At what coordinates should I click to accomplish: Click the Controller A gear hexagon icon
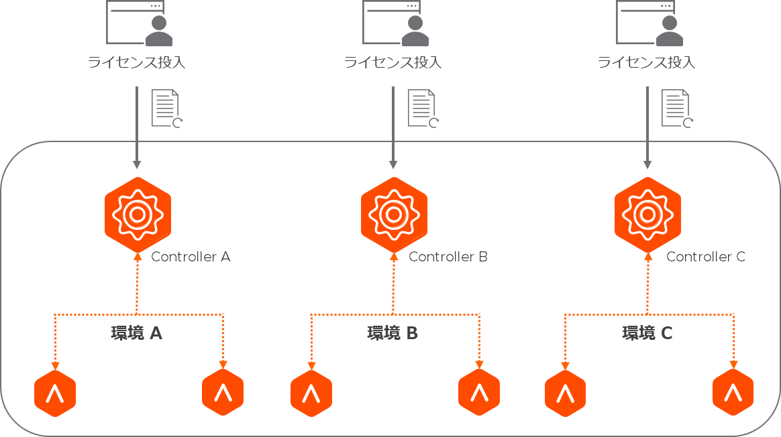pyautogui.click(x=138, y=214)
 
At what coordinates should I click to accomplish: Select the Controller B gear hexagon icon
pyautogui.click(x=393, y=214)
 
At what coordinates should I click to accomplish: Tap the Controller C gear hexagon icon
pyautogui.click(x=647, y=214)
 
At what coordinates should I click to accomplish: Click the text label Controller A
pyautogui.click(x=191, y=257)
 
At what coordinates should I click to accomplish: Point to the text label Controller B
pyautogui.click(x=448, y=257)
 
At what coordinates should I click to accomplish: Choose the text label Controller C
pyautogui.click(x=705, y=257)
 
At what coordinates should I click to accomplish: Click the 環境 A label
pyautogui.click(x=137, y=333)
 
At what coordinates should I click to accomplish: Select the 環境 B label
pyautogui.click(x=393, y=333)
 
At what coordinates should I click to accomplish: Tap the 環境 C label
pyautogui.click(x=647, y=333)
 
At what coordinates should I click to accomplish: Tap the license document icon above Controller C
pyautogui.click(x=677, y=108)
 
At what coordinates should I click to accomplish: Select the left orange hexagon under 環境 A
pyautogui.click(x=55, y=393)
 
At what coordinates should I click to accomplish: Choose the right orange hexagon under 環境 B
pyautogui.click(x=479, y=393)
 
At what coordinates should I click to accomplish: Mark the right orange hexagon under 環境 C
pyautogui.click(x=733, y=393)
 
